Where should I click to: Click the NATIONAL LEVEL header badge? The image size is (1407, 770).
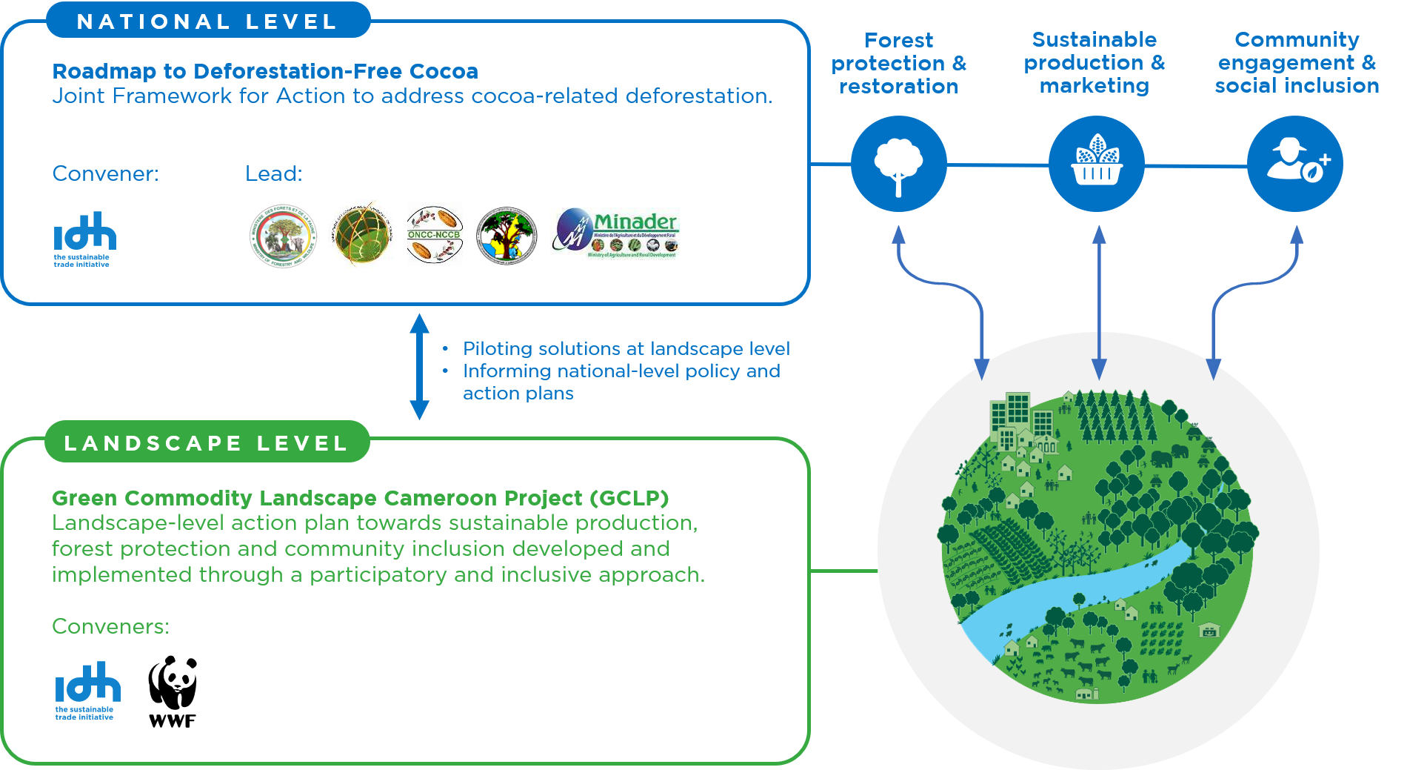[x=207, y=21]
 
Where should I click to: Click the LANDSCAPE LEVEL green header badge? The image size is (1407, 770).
[x=207, y=443]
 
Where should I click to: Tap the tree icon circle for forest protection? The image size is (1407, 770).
[x=898, y=164]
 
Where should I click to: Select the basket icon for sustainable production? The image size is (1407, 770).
[x=1097, y=164]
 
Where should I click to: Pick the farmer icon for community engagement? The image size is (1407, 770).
[x=1295, y=164]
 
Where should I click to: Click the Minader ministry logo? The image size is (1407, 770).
[x=615, y=233]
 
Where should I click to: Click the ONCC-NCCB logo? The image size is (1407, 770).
[x=435, y=234]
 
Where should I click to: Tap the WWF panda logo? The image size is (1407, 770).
[x=174, y=676]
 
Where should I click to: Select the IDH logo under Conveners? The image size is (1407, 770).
[x=87, y=690]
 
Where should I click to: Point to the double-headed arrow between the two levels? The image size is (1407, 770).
[x=419, y=367]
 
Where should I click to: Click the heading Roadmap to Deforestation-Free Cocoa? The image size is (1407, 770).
[x=265, y=71]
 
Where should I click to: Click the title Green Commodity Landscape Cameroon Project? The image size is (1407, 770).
[x=360, y=498]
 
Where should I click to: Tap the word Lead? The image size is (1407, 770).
[x=273, y=173]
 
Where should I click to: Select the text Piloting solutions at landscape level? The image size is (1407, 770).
[x=626, y=348]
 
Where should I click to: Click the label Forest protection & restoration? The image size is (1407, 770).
[x=899, y=63]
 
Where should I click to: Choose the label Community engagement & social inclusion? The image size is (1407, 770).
[x=1297, y=62]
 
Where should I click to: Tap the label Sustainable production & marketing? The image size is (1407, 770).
[x=1094, y=62]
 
